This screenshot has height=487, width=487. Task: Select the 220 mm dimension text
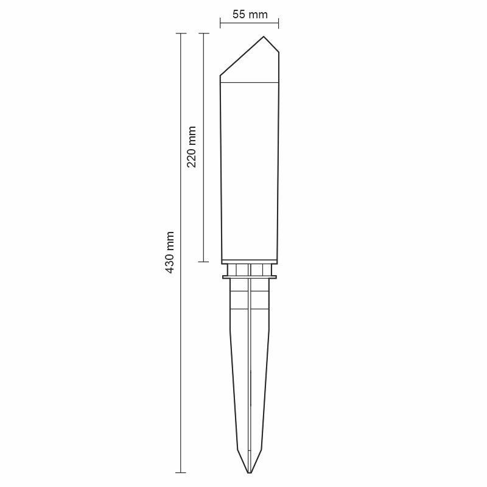(192, 147)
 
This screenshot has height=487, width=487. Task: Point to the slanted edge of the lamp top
(242, 57)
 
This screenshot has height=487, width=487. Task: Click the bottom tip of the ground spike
(250, 472)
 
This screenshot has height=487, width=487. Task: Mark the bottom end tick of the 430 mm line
(181, 472)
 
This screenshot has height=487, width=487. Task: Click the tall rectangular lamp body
(250, 170)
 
